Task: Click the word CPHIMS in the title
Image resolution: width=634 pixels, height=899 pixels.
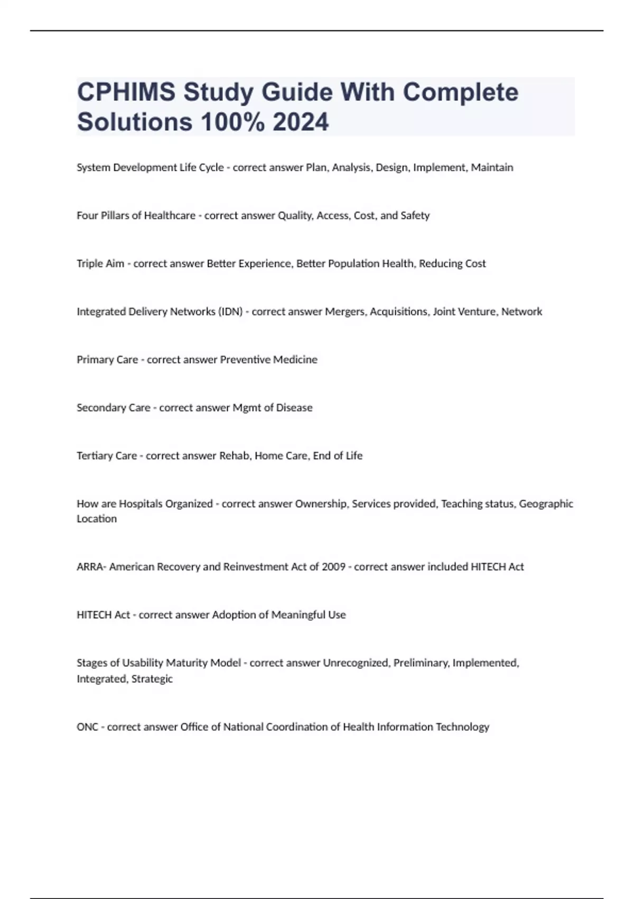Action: (126, 93)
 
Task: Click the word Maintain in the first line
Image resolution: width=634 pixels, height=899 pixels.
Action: (492, 168)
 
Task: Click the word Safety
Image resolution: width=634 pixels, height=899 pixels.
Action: (415, 216)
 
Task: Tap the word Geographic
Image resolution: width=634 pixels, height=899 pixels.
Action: (546, 504)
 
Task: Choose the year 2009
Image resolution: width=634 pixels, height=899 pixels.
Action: (333, 567)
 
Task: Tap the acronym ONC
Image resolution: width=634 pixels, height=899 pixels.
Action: (87, 727)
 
